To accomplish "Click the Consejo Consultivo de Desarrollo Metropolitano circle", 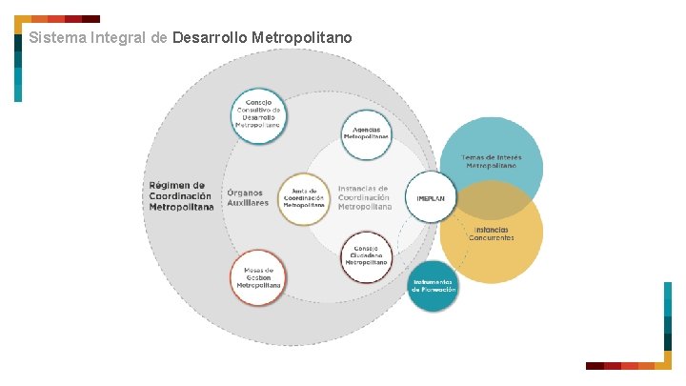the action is (x=258, y=115).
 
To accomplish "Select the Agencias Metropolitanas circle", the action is (x=367, y=133).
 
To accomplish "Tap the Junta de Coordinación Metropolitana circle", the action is (x=305, y=197).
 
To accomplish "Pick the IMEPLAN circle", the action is (x=432, y=197).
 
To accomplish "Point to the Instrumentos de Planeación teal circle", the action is (x=434, y=286).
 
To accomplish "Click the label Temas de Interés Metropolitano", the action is (x=491, y=161).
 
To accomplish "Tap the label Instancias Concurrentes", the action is (x=491, y=233).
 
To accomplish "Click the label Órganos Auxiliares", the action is (x=248, y=197).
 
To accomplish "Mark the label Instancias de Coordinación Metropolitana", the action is (x=364, y=197).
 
